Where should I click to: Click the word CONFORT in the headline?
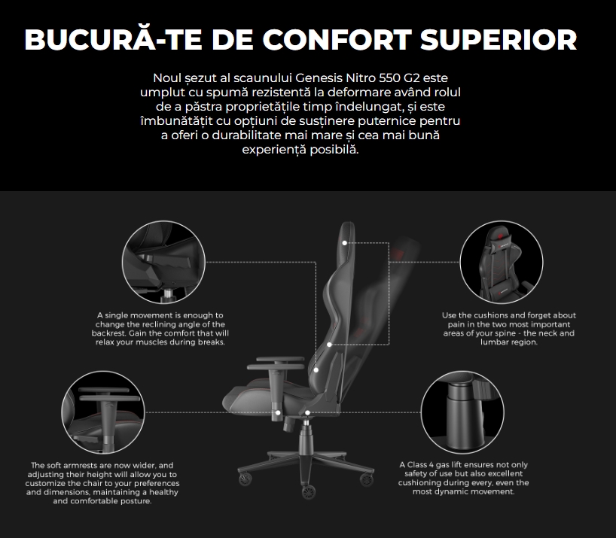337,40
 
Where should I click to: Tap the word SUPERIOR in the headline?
499,40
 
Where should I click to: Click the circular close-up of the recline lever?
163,262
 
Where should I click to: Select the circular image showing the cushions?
502,262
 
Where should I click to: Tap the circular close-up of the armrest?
103,412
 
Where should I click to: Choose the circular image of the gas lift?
462,412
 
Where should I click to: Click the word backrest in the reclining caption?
109,333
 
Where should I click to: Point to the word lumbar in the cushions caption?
494,342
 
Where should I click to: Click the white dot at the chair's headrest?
345,243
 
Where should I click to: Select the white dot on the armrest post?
278,412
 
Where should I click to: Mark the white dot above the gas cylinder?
307,412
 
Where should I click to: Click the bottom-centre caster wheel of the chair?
309,491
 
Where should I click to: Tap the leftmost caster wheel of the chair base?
245,479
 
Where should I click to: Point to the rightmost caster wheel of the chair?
366,479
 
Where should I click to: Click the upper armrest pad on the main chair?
280,359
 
